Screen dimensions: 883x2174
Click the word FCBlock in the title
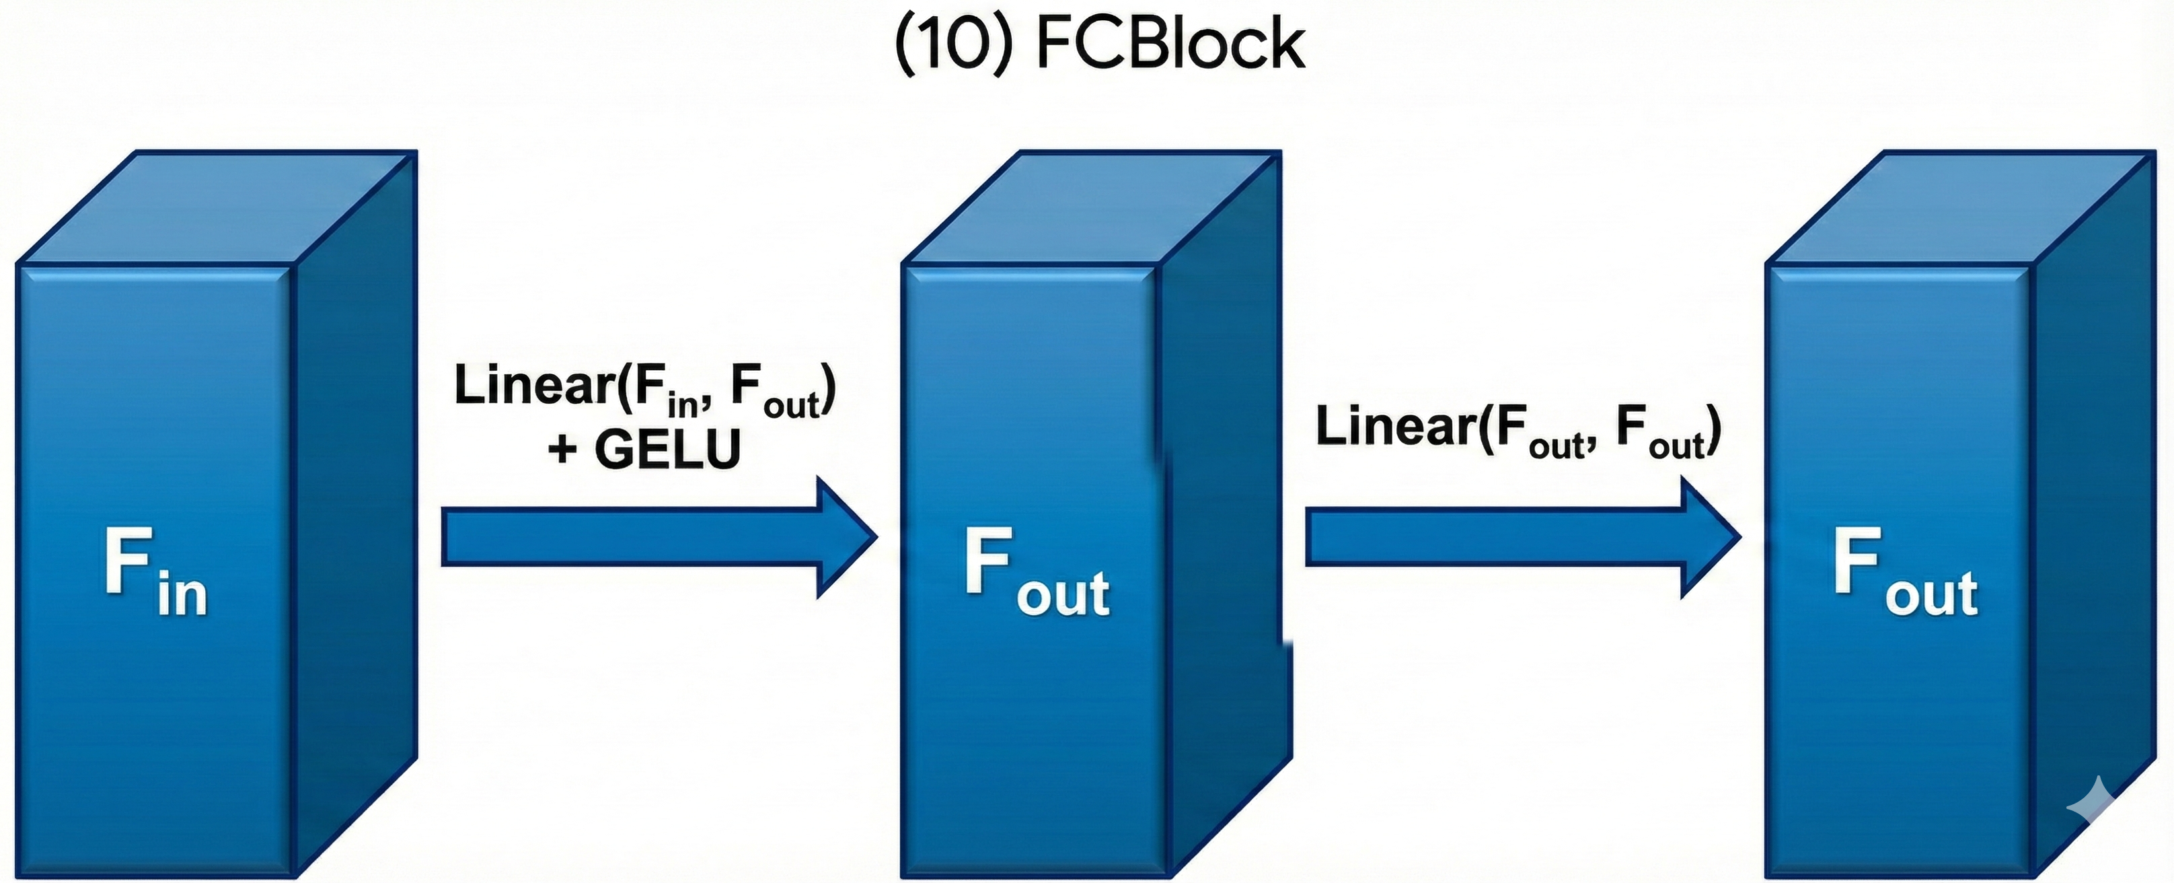point(1170,44)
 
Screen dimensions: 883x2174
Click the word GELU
point(667,449)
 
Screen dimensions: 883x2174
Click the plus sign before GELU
point(562,449)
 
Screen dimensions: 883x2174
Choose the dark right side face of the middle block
point(1224,524)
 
